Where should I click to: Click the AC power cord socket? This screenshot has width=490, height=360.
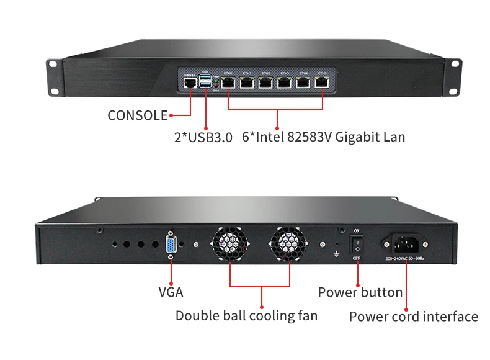[x=406, y=243]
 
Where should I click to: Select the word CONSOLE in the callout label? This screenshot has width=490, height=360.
[x=138, y=115]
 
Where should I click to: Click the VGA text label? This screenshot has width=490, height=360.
[x=171, y=292]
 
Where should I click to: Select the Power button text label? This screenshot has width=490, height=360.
[x=360, y=292]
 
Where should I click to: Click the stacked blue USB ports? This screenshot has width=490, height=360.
[x=205, y=79]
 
